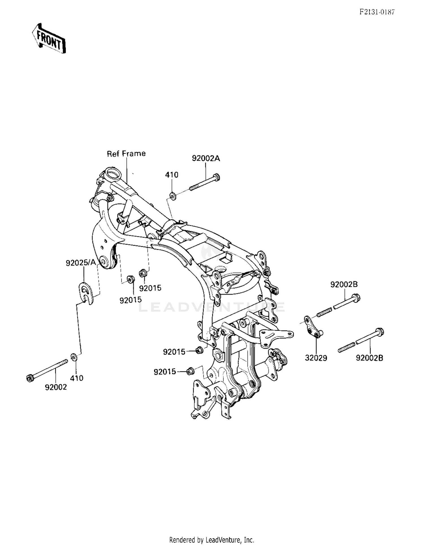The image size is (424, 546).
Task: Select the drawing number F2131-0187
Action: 377,12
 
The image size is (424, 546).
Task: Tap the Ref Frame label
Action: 126,154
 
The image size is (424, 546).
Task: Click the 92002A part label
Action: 206,158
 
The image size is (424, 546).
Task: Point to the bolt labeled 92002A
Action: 205,182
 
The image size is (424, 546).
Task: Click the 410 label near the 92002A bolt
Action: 172,175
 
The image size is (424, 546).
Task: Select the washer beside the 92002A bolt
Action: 173,196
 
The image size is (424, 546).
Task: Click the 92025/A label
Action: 81,263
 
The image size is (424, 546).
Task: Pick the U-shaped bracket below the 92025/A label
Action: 86,293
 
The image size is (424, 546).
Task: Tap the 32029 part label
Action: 316,358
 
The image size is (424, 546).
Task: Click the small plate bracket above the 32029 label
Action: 313,328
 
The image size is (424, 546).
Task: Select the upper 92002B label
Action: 344,284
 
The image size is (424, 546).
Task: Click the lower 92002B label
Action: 369,358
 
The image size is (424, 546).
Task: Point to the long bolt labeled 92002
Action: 48,370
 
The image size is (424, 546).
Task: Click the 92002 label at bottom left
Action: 56,387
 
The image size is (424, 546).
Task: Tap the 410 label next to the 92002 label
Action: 77,378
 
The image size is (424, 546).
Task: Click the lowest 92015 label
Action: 165,372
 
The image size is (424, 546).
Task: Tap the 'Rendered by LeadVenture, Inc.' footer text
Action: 212,539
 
